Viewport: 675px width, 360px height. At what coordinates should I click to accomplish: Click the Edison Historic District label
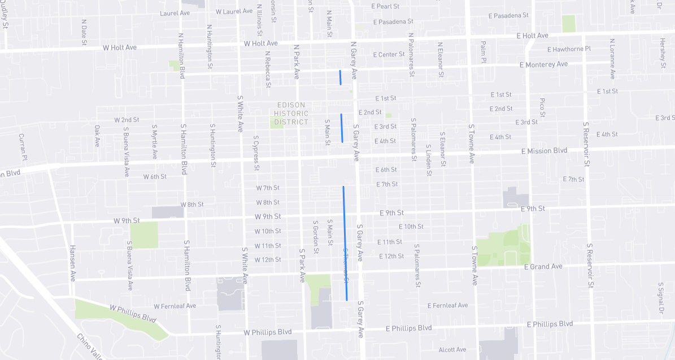pyautogui.click(x=291, y=114)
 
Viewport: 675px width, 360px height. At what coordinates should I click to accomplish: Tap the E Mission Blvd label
pyautogui.click(x=544, y=151)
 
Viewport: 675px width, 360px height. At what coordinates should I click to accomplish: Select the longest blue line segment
pyautogui.click(x=345, y=243)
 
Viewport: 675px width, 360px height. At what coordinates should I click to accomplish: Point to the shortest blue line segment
pyautogui.click(x=340, y=77)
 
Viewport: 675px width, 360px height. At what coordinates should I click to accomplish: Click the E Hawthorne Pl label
pyautogui.click(x=568, y=49)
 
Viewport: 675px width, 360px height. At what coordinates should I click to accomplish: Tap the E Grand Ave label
pyautogui.click(x=543, y=266)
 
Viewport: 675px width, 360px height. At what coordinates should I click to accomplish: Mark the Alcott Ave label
pyautogui.click(x=452, y=349)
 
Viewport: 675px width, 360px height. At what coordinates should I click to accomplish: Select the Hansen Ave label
pyautogui.click(x=72, y=263)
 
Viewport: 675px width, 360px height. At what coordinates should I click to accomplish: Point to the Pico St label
pyautogui.click(x=542, y=107)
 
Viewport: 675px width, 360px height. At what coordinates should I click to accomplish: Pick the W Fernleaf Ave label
pyautogui.click(x=175, y=306)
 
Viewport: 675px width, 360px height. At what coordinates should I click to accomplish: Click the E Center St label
pyautogui.click(x=389, y=55)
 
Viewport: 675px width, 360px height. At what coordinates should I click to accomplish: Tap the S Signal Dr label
pyautogui.click(x=660, y=298)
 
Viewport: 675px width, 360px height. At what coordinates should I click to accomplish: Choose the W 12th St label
pyautogui.click(x=268, y=260)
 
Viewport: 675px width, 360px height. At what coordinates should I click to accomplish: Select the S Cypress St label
pyautogui.click(x=256, y=153)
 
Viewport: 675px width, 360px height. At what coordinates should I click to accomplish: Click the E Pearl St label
pyautogui.click(x=385, y=6)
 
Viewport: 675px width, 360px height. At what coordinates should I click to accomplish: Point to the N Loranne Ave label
pyautogui.click(x=612, y=59)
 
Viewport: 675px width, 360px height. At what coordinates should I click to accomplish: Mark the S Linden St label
pyautogui.click(x=429, y=159)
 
